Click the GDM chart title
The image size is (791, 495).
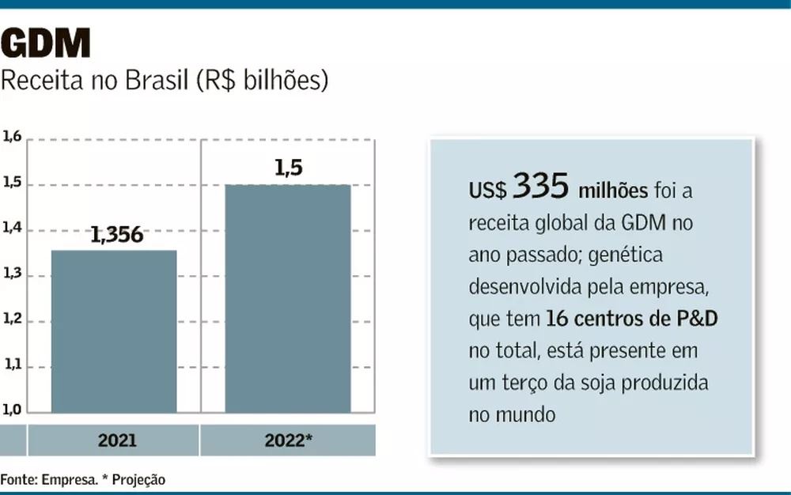click(47, 44)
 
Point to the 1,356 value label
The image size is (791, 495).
click(116, 235)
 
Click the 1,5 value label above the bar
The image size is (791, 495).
click(289, 168)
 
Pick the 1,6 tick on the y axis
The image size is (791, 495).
click(12, 138)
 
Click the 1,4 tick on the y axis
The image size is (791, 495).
click(12, 229)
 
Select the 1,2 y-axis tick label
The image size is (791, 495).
click(12, 321)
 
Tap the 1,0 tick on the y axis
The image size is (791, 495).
click(12, 411)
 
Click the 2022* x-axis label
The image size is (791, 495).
click(288, 440)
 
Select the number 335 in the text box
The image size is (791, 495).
click(540, 187)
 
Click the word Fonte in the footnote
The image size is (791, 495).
click(17, 479)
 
